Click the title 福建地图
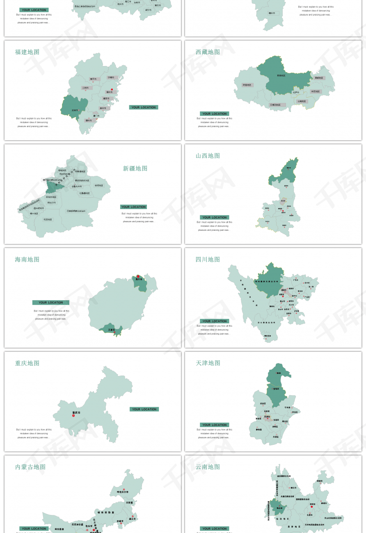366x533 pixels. pyautogui.click(x=27, y=52)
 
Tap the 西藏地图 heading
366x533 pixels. pyautogui.click(x=208, y=52)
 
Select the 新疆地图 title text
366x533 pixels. pyautogui.click(x=135, y=169)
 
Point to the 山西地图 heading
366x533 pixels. pyautogui.click(x=208, y=156)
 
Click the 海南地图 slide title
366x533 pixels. pyautogui.click(x=27, y=260)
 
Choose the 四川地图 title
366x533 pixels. pyautogui.click(x=208, y=260)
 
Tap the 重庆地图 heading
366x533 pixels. pyautogui.click(x=27, y=363)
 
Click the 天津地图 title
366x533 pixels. pyautogui.click(x=208, y=363)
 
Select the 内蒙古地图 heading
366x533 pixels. pyautogui.click(x=30, y=467)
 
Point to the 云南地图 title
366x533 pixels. pyautogui.click(x=208, y=467)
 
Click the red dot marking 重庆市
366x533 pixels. pyautogui.click(x=73, y=416)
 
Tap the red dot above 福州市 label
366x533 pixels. pyautogui.click(x=112, y=89)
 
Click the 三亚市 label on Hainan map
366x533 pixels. pyautogui.click(x=112, y=330)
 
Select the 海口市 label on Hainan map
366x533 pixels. pyautogui.click(x=139, y=280)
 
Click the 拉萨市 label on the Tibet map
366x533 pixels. pyautogui.click(x=296, y=92)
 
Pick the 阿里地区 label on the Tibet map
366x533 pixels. pyautogui.click(x=247, y=85)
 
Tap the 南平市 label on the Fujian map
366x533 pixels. pyautogui.click(x=93, y=79)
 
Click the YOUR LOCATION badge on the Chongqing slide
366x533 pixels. pyautogui.click(x=144, y=409)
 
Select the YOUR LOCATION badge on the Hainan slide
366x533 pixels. pyautogui.click(x=51, y=303)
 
